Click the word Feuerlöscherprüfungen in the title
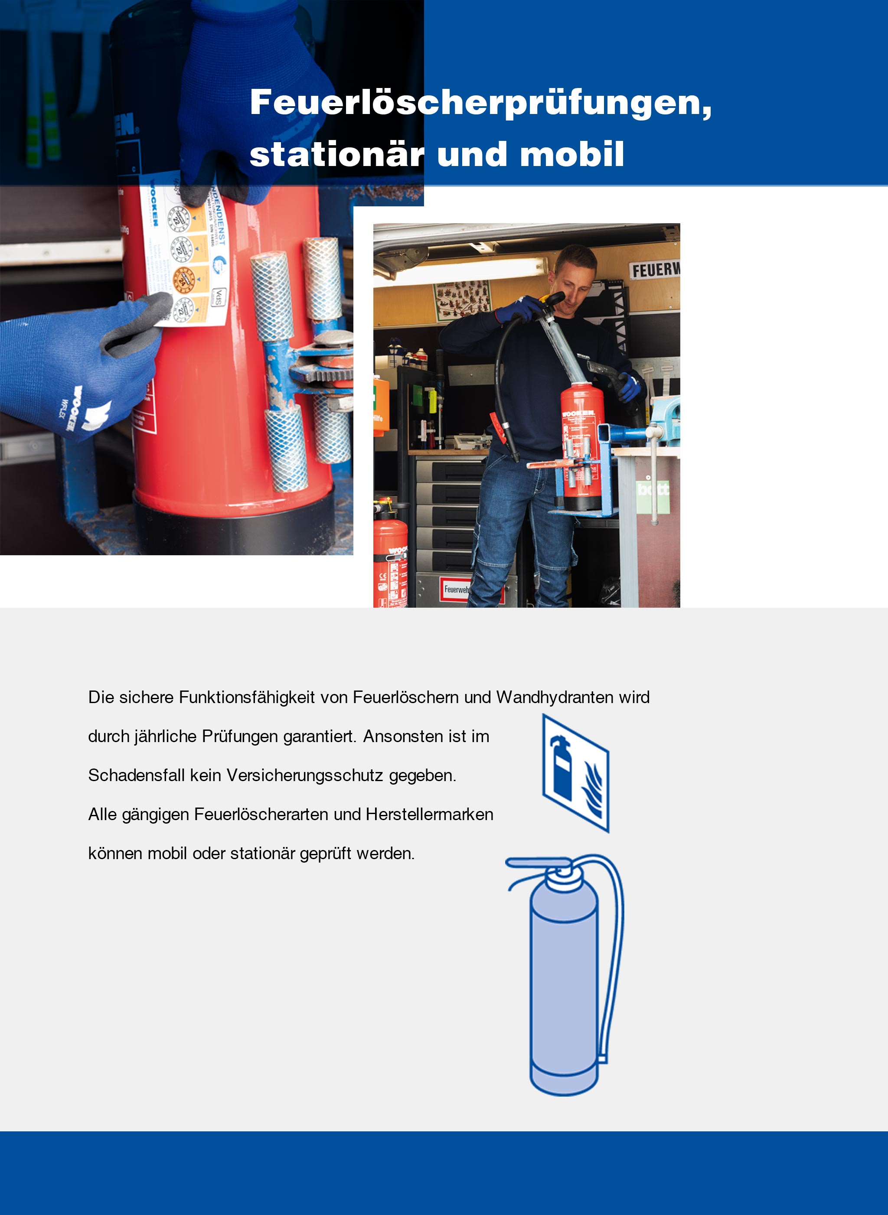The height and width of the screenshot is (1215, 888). [480, 102]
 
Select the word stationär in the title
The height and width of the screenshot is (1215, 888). [337, 154]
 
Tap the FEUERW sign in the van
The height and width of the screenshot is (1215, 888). [655, 270]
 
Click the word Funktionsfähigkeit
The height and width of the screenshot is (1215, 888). [247, 697]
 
